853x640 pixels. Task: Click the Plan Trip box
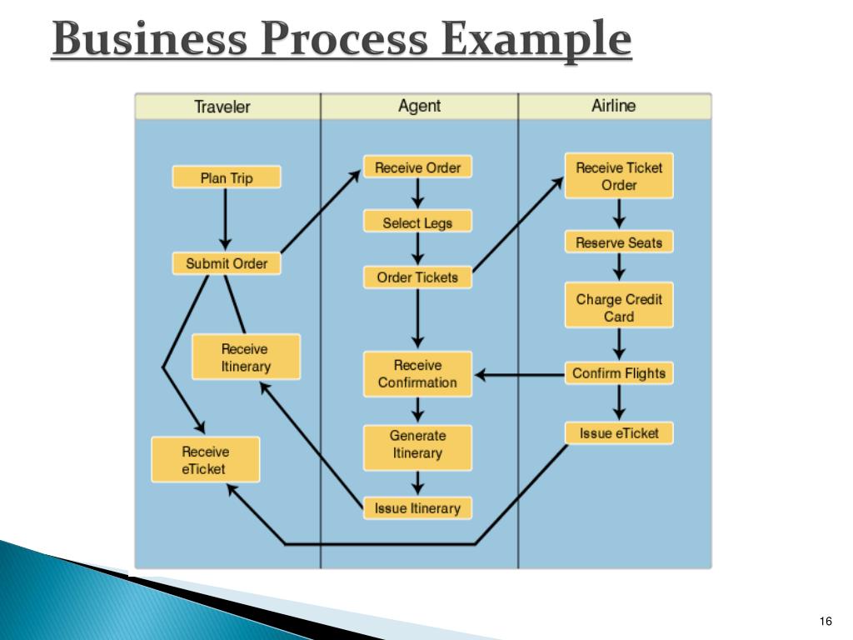click(x=227, y=177)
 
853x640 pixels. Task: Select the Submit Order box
click(x=227, y=263)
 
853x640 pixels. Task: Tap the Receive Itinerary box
click(x=246, y=357)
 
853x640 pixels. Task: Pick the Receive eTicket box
click(x=205, y=459)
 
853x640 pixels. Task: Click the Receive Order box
click(x=417, y=167)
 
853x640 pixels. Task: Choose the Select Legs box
click(x=417, y=222)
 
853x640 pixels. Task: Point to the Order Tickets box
click(x=417, y=277)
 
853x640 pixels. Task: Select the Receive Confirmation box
click(x=417, y=373)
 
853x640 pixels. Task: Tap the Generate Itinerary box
click(x=417, y=444)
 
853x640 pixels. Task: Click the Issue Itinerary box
click(x=417, y=507)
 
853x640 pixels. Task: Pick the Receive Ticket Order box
click(x=619, y=176)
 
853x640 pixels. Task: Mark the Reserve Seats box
click(x=619, y=242)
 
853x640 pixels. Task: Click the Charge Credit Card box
click(x=619, y=307)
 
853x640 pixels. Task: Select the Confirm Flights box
click(x=619, y=372)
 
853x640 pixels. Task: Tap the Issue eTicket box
click(x=619, y=432)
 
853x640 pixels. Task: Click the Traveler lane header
click(x=222, y=107)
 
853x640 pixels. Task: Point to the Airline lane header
click(x=614, y=106)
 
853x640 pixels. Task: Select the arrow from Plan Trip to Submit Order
click(x=225, y=218)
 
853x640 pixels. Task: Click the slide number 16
click(x=826, y=622)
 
